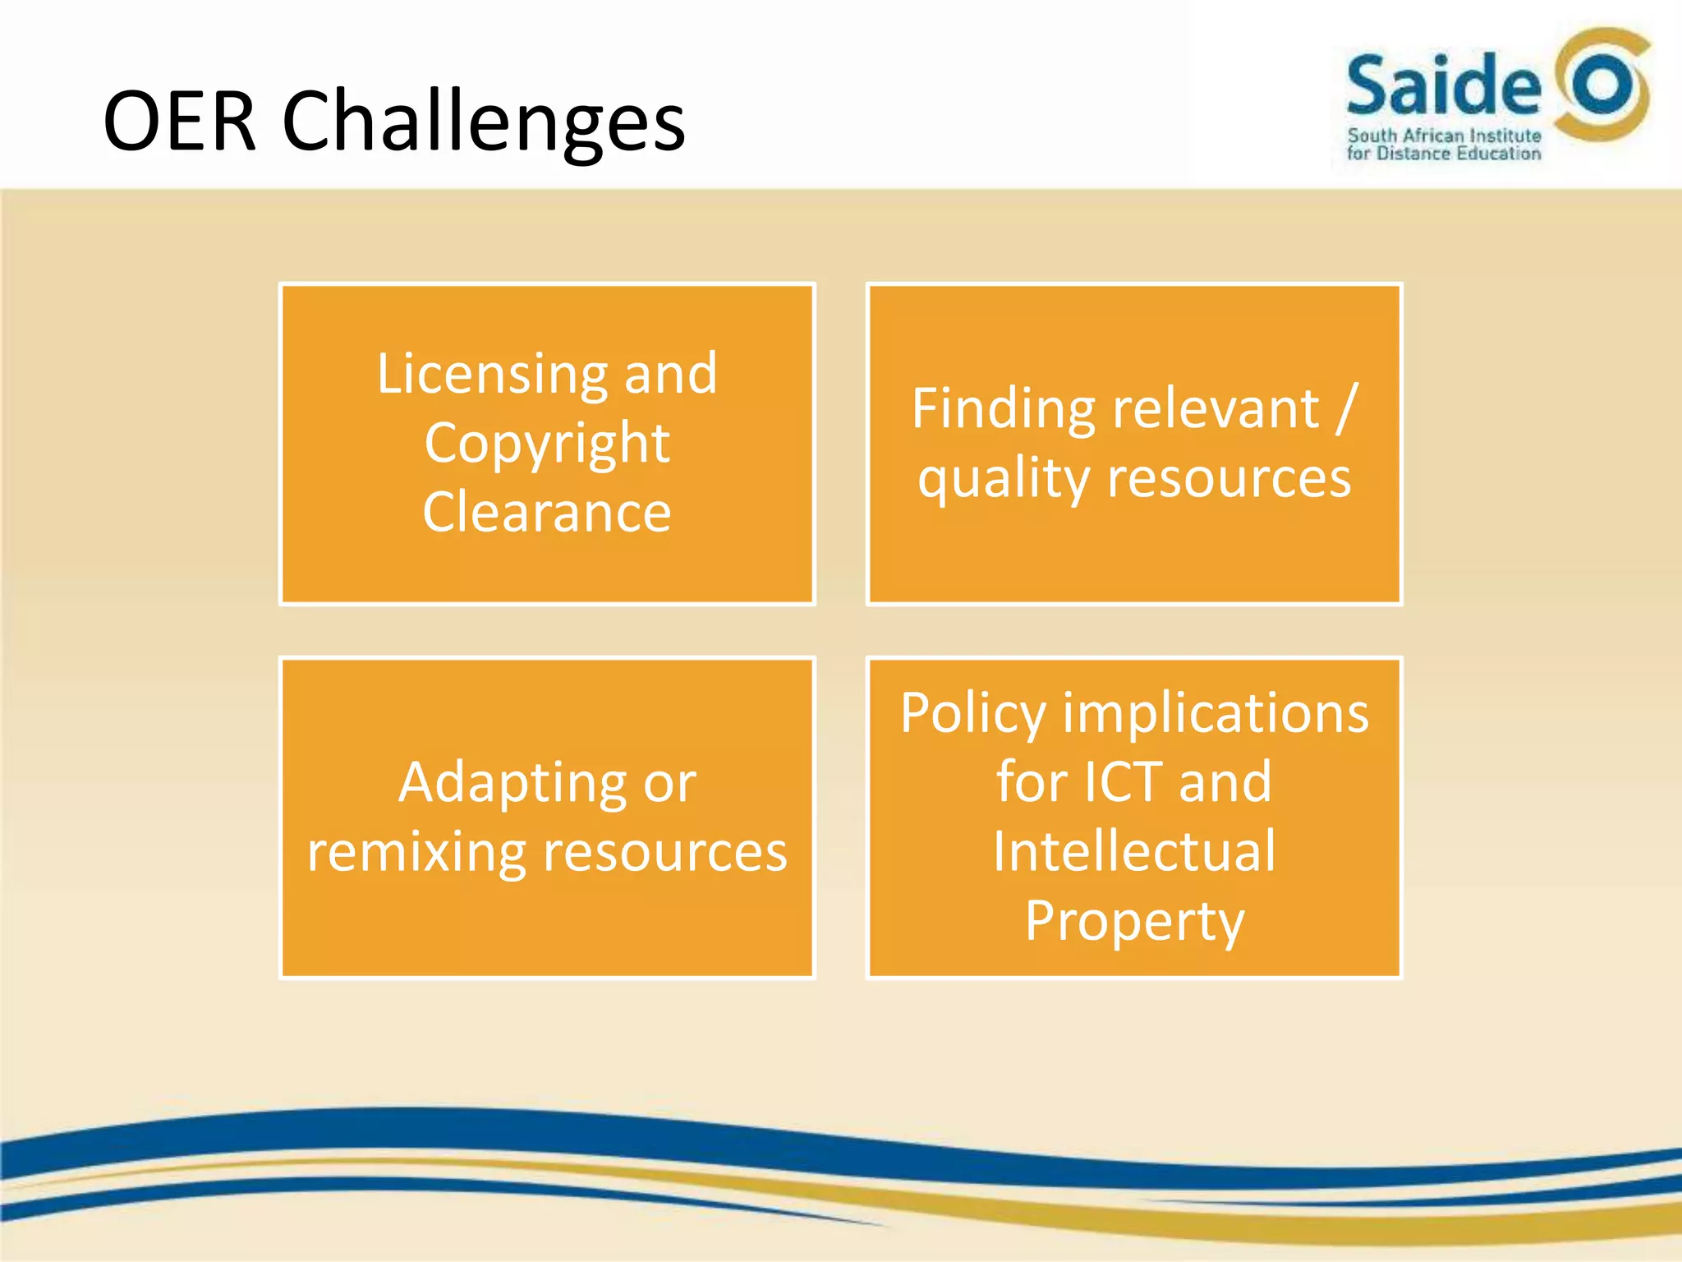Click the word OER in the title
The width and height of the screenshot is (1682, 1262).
tap(179, 122)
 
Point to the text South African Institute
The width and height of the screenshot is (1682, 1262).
tap(1444, 136)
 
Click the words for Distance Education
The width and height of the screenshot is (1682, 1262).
tap(1444, 154)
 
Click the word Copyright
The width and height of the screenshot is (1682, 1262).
tap(547, 444)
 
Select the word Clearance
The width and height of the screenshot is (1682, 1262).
tap(547, 512)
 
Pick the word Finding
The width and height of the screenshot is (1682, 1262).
tap(1002, 408)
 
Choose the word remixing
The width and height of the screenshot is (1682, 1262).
tap(416, 852)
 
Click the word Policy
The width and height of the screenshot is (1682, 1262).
tap(973, 712)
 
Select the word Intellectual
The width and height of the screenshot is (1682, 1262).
tap(1134, 851)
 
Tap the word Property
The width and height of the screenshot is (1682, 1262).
tap(1134, 921)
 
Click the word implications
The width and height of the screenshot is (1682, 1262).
tap(1216, 712)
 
